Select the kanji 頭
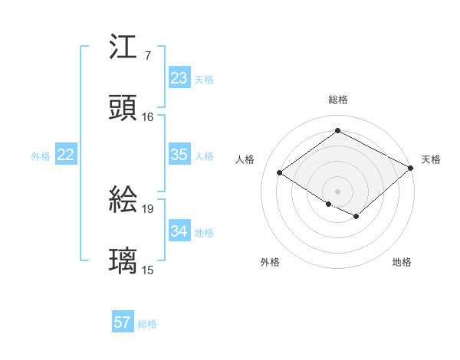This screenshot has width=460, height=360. pyautogui.click(x=124, y=108)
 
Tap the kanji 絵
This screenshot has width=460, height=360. pyautogui.click(x=124, y=201)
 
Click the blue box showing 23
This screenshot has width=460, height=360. pyautogui.click(x=179, y=78)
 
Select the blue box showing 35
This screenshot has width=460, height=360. pyautogui.click(x=179, y=155)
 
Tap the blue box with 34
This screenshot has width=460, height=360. pyautogui.click(x=179, y=231)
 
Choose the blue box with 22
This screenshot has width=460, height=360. pyautogui.click(x=65, y=155)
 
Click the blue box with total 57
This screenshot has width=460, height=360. pyautogui.click(x=123, y=322)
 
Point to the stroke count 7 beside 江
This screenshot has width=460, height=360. pyautogui.click(x=147, y=56)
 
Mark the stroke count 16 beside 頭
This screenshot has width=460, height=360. pyautogui.click(x=148, y=117)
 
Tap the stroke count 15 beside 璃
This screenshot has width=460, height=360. pyautogui.click(x=148, y=270)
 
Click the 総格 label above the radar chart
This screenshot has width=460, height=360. pyautogui.click(x=338, y=100)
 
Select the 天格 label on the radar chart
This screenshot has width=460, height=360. pyautogui.click(x=431, y=159)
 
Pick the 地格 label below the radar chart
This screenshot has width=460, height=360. pyautogui.click(x=402, y=262)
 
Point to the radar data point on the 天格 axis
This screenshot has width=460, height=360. pyautogui.click(x=411, y=167)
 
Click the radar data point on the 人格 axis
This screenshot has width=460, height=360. pyautogui.click(x=280, y=172)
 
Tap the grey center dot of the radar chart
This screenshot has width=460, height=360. pyautogui.click(x=337, y=191)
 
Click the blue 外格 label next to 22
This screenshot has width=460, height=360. pyautogui.click(x=41, y=155)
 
